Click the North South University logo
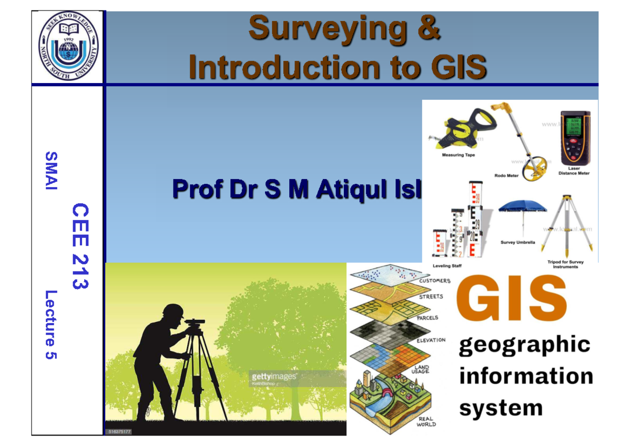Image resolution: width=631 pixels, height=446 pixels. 68,47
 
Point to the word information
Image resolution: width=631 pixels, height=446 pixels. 526,376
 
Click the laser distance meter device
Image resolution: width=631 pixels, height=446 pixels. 574,139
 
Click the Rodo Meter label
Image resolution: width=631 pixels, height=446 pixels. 507,175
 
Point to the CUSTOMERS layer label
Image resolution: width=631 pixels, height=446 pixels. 434,281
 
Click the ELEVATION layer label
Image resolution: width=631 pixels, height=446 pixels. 431,340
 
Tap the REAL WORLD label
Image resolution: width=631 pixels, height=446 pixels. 426,421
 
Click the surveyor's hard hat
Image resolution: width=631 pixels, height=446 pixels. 172,311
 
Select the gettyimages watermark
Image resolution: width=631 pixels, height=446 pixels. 274,377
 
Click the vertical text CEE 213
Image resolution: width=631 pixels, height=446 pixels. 79,246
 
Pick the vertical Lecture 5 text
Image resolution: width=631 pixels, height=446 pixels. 51,325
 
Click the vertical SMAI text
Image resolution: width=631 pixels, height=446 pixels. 51,171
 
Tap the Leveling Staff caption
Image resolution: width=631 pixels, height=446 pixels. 446,266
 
